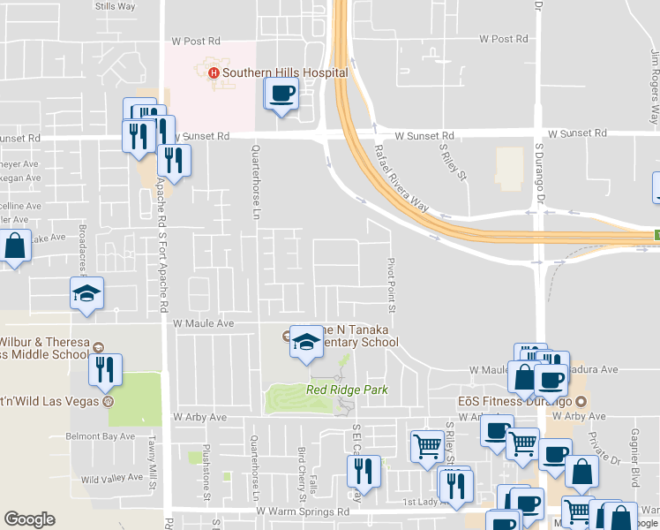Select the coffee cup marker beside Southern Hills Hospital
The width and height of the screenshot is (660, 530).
click(x=282, y=94)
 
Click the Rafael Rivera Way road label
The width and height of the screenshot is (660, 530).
click(x=401, y=178)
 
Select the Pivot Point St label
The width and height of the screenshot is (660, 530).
click(x=390, y=284)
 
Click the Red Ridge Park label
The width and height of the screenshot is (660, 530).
click(x=347, y=390)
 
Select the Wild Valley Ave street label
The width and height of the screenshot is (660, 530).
click(x=111, y=478)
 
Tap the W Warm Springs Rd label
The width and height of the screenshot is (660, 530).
click(x=303, y=511)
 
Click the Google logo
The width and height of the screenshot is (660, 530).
click(x=29, y=519)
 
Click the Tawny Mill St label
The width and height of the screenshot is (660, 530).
click(x=152, y=466)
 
